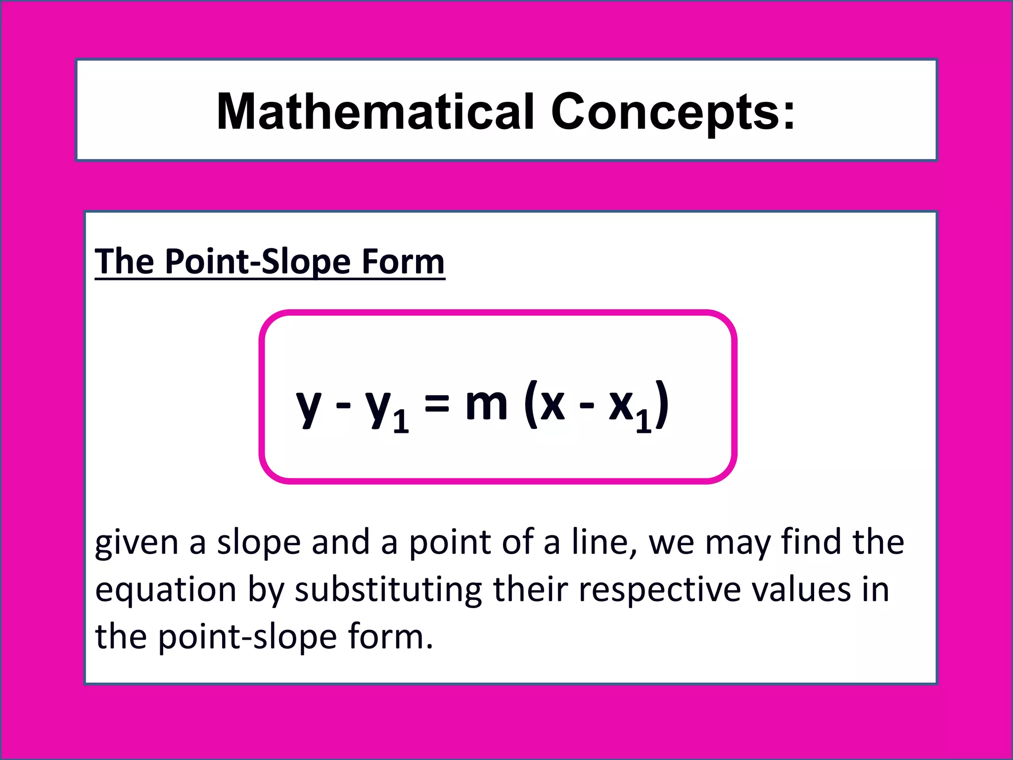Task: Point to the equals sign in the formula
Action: pyautogui.click(x=437, y=403)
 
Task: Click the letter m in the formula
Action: pyautogui.click(x=486, y=403)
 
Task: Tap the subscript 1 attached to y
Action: pyautogui.click(x=401, y=421)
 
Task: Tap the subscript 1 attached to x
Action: pyautogui.click(x=643, y=421)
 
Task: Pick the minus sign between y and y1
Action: pyautogui.click(x=343, y=406)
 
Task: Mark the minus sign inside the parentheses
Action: pyautogui.click(x=587, y=406)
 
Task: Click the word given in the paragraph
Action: pyautogui.click(x=136, y=543)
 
